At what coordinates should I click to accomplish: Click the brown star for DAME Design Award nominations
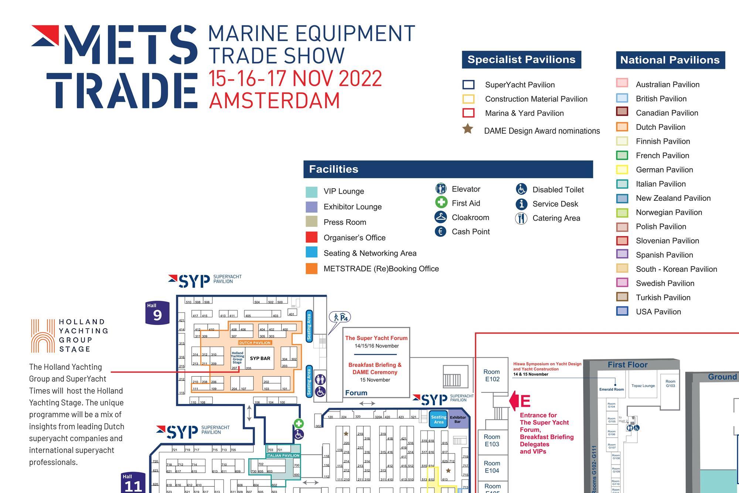point(468,129)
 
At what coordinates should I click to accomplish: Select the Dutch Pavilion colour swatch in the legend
point(622,127)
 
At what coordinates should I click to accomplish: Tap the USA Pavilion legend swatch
point(622,311)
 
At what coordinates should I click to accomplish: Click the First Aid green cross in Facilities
point(441,202)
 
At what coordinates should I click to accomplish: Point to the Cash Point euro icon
point(440,232)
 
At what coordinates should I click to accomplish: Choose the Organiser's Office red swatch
point(311,237)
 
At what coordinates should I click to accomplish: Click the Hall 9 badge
point(157,313)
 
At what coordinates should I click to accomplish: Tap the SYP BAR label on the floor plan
point(260,358)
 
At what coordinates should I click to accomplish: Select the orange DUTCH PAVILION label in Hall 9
point(255,343)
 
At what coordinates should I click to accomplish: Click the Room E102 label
point(492,375)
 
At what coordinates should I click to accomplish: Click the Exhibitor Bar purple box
point(458,419)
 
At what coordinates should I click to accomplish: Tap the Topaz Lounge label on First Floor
point(643,386)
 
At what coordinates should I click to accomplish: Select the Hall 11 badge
point(133,483)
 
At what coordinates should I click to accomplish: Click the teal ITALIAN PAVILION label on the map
point(283,456)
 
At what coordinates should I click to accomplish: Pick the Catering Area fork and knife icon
point(521,218)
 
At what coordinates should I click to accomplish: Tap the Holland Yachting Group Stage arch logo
point(43,336)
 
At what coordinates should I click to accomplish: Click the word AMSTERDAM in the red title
point(274,101)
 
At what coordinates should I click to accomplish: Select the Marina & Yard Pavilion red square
point(469,113)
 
